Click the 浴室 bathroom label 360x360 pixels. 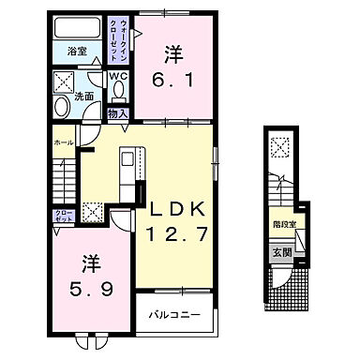tap(78, 52)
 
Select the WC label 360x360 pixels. tap(119, 76)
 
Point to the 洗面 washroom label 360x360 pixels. tap(83, 96)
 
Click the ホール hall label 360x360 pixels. tap(63, 142)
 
